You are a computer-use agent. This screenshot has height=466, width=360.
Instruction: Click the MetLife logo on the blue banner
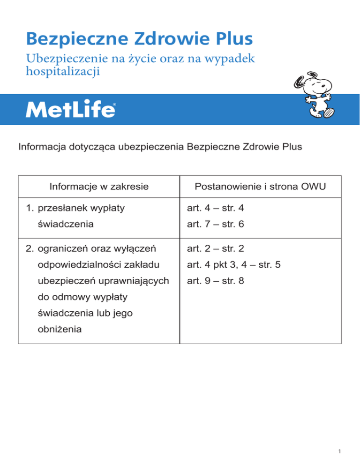click(70, 110)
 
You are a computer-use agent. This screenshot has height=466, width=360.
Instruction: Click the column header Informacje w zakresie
click(99, 187)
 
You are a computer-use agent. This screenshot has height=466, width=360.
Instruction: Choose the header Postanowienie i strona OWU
click(261, 187)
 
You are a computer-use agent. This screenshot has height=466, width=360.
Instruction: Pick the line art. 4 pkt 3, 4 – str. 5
click(233, 265)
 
